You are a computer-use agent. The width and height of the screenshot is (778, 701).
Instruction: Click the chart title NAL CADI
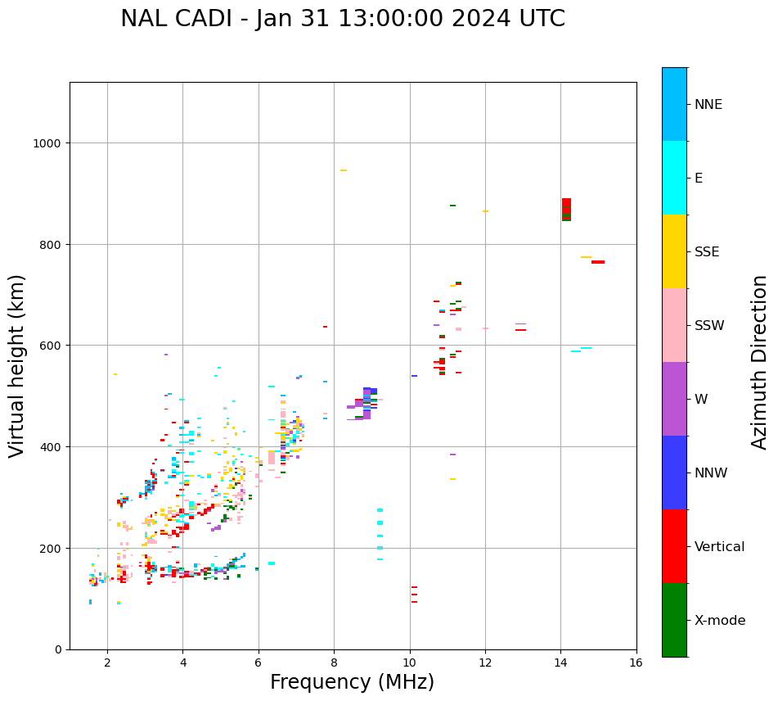pyautogui.click(x=342, y=19)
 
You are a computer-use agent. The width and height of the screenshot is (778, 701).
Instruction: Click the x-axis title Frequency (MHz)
pyautogui.click(x=352, y=682)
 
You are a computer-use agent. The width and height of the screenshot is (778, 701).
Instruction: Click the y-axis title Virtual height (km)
pyautogui.click(x=17, y=365)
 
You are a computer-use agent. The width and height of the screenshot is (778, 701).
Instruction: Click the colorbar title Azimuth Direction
pyautogui.click(x=759, y=362)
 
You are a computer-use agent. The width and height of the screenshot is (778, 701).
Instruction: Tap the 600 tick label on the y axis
pyautogui.click(x=55, y=346)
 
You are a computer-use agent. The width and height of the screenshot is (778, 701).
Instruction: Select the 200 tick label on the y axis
pyautogui.click(x=55, y=548)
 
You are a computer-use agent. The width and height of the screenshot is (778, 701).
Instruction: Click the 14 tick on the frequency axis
pyautogui.click(x=560, y=663)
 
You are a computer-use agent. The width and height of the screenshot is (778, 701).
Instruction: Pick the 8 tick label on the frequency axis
pyautogui.click(x=334, y=663)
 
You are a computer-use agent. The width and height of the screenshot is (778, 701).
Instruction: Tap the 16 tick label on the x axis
pyautogui.click(x=636, y=663)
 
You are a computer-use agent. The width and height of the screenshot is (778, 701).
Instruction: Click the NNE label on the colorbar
pyautogui.click(x=708, y=105)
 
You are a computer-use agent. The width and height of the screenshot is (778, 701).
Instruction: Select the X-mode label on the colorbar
pyautogui.click(x=720, y=621)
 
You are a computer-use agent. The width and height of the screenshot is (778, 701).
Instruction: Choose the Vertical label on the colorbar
pyautogui.click(x=720, y=547)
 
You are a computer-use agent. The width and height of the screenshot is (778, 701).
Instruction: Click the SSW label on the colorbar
pyautogui.click(x=709, y=326)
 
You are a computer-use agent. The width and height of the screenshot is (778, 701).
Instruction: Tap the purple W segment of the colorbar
pyautogui.click(x=674, y=399)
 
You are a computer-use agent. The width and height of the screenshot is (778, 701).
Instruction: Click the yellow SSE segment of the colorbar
pyautogui.click(x=674, y=251)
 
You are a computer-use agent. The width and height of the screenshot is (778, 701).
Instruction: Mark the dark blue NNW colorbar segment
pyautogui.click(x=674, y=473)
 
